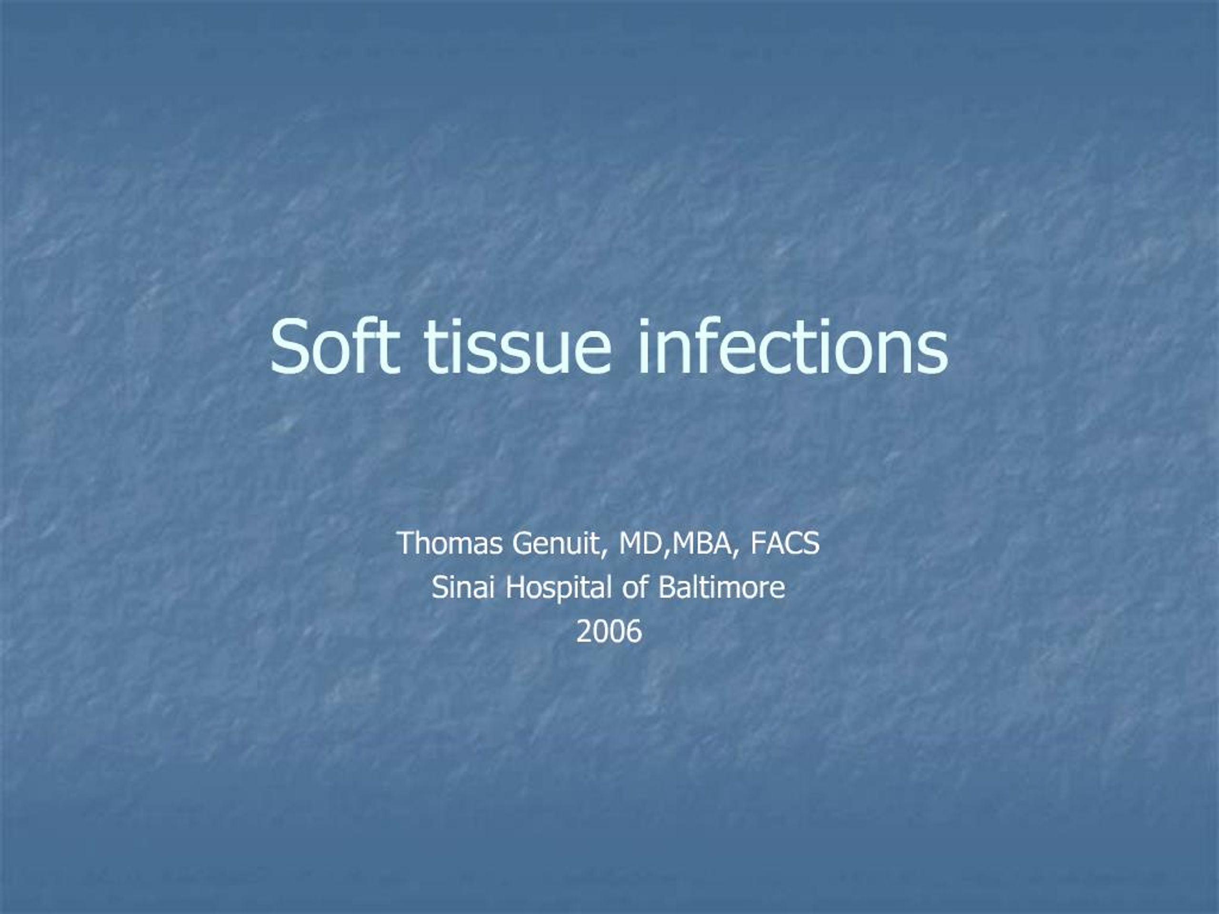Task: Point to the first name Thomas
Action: [450, 543]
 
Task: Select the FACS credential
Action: [785, 543]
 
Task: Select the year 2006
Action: [609, 631]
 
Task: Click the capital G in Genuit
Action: [521, 543]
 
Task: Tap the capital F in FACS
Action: [757, 543]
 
